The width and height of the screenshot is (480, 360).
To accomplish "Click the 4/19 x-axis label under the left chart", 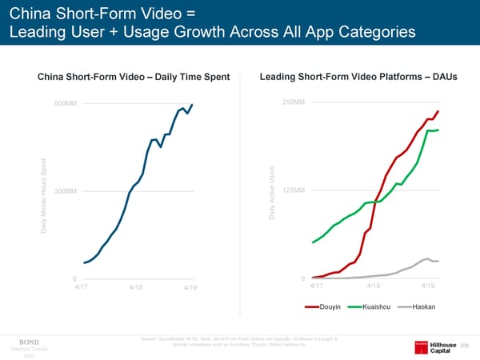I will click(190, 287).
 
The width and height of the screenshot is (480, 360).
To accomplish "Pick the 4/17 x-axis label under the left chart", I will click(82, 286).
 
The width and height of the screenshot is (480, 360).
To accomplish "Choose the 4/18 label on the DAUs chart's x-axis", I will click(373, 286).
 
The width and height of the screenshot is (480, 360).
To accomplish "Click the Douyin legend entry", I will click(326, 306).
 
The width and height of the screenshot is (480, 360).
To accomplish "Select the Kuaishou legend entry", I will click(369, 306).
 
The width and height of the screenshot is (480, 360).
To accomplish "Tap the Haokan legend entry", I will click(415, 306).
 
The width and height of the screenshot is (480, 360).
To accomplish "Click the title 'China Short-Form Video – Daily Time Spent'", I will click(134, 77).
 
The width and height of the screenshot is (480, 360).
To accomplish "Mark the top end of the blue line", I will click(193, 105).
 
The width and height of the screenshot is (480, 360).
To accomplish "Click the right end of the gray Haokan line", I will click(438, 262).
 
